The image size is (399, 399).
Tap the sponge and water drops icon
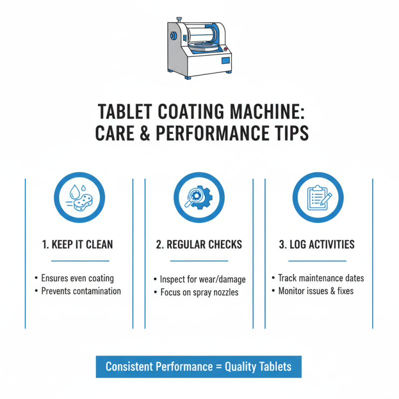[80, 198]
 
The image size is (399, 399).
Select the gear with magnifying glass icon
[199, 198]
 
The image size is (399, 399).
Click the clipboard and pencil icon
[317, 198]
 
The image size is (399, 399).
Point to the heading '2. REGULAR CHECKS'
[199, 244]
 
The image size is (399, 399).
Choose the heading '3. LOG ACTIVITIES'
[317, 244]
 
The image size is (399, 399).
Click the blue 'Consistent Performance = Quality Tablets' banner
[199, 367]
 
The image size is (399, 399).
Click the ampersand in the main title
[143, 134]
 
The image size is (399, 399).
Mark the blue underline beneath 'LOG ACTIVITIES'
[317, 260]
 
